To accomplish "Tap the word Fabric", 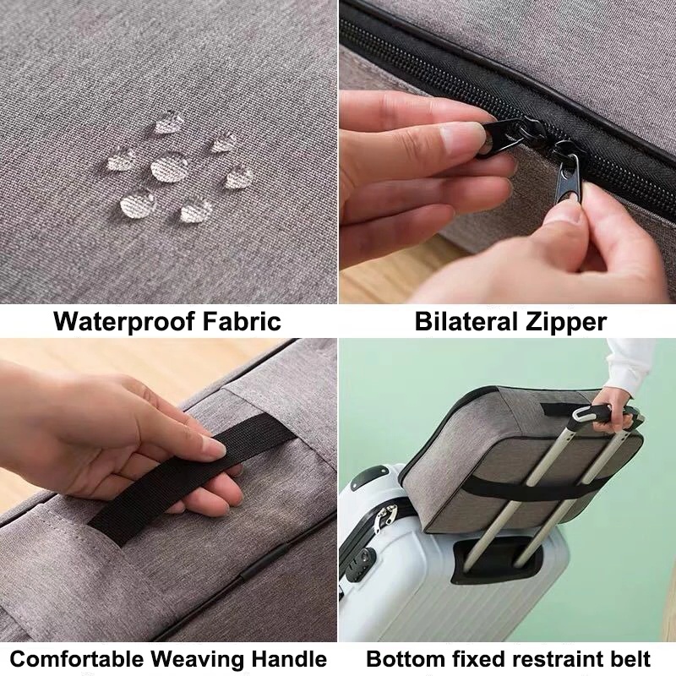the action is (x=242, y=321).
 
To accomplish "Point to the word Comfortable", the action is (x=76, y=659).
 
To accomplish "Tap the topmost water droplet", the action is (x=168, y=122).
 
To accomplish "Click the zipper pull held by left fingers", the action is (x=501, y=137).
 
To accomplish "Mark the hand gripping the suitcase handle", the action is (x=612, y=411).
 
